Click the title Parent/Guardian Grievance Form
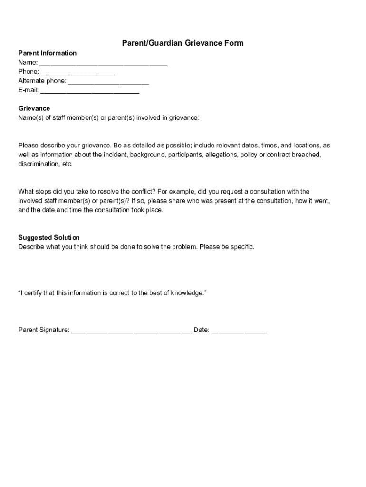[x=183, y=43]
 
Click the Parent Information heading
[x=47, y=53]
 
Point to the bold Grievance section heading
[x=34, y=108]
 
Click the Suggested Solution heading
[x=49, y=237]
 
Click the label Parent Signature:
[x=44, y=330]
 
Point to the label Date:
[x=202, y=330]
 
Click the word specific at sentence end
[x=242, y=247]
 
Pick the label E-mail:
[x=29, y=90]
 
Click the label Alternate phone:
[x=42, y=81]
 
